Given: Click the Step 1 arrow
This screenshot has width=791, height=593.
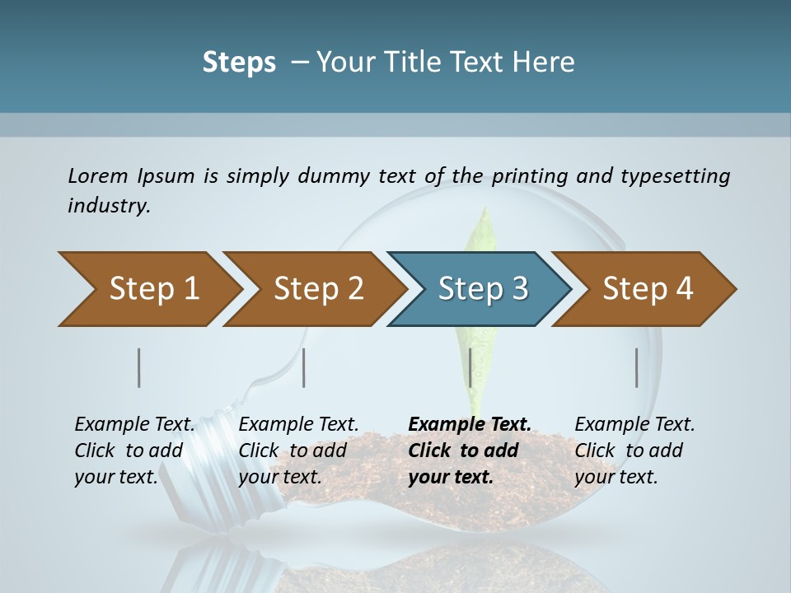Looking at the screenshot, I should point(148,289).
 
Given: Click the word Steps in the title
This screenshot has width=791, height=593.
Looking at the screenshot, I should point(239,63).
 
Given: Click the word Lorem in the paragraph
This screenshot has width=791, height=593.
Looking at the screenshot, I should point(98,175).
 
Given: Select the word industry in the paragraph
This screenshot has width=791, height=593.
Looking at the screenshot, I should point(108,205).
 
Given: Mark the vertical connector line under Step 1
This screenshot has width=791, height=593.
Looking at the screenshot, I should point(139,367).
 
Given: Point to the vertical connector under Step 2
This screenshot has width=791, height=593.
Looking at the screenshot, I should point(304,367).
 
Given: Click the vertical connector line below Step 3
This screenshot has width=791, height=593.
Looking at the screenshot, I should point(470,367).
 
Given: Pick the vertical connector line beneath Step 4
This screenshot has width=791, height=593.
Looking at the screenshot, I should point(637,367).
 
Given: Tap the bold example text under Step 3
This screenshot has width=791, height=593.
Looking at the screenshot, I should point(469,451).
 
